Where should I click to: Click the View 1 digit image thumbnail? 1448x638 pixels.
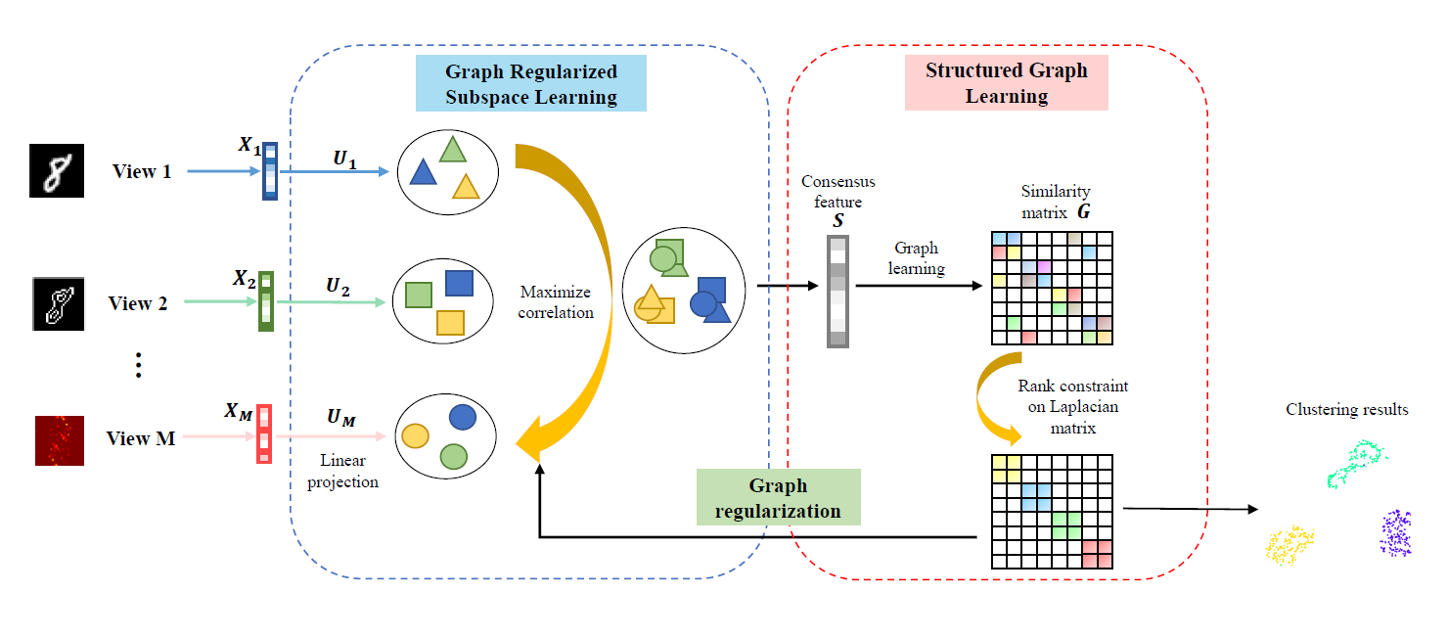(x=57, y=170)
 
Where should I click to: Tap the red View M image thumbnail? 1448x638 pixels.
(x=60, y=441)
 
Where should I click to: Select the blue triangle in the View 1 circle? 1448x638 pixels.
(x=424, y=172)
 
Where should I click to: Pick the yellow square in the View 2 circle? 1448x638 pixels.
(x=451, y=323)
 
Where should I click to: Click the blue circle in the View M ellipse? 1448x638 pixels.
(x=463, y=417)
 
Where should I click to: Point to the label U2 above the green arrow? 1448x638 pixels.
(x=338, y=286)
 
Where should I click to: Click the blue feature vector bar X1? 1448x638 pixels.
(x=270, y=171)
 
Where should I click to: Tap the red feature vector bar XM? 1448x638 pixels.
(x=264, y=433)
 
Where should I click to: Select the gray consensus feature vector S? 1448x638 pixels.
(x=837, y=292)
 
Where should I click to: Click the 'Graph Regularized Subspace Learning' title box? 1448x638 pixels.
(x=530, y=83)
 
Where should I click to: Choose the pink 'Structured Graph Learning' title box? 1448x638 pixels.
(x=1007, y=83)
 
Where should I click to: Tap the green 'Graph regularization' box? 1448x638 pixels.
(x=779, y=497)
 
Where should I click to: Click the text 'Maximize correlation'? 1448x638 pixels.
(x=556, y=302)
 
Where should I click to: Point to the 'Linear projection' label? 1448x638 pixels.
(x=342, y=471)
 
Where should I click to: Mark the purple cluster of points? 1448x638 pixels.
(x=1396, y=532)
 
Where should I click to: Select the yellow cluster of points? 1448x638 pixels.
(x=1290, y=545)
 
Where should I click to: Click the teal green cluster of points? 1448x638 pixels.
(x=1356, y=462)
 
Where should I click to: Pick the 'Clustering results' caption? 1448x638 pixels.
(x=1346, y=409)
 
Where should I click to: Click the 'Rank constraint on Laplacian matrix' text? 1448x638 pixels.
(x=1073, y=407)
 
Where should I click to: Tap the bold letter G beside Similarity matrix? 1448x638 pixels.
(x=1084, y=211)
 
